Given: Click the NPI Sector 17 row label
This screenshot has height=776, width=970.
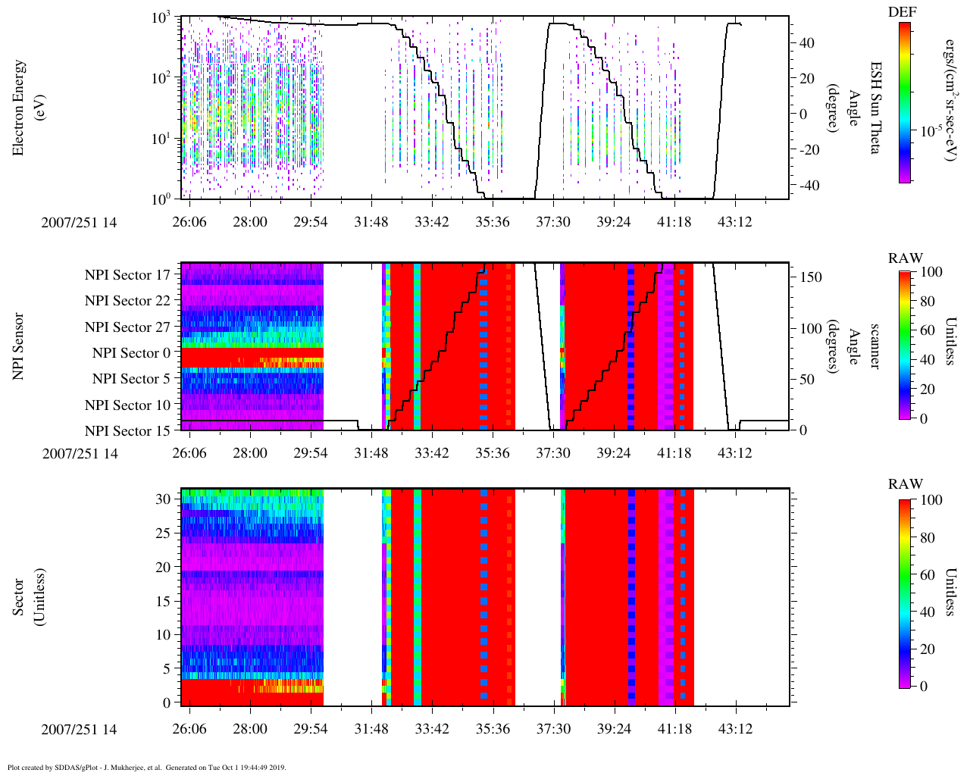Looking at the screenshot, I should pyautogui.click(x=127, y=275).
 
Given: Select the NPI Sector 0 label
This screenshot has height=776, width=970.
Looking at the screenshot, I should pyautogui.click(x=131, y=353).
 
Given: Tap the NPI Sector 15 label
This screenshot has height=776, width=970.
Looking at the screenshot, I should pyautogui.click(x=127, y=431).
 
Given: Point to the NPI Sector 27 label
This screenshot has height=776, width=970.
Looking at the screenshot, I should pyautogui.click(x=127, y=327).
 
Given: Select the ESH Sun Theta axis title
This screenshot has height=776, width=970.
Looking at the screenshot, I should pyautogui.click(x=875, y=108).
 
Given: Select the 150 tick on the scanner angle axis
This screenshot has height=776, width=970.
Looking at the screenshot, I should pyautogui.click(x=811, y=277).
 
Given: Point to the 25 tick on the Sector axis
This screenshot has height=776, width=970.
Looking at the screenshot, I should pyautogui.click(x=163, y=533).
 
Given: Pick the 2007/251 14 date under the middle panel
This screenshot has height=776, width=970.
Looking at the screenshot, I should pyautogui.click(x=80, y=454).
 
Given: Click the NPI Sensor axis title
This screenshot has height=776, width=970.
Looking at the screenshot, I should pyautogui.click(x=19, y=346).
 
